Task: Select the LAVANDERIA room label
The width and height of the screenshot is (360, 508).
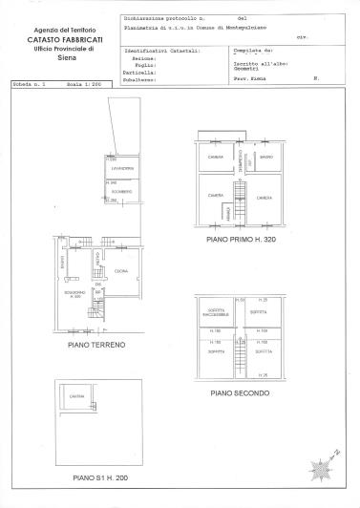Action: pyautogui.click(x=121, y=169)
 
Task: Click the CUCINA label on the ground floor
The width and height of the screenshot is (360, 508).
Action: pyautogui.click(x=120, y=273)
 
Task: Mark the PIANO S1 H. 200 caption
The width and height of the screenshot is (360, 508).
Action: pyautogui.click(x=97, y=476)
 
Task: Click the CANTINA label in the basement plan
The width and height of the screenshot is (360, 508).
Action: pyautogui.click(x=75, y=397)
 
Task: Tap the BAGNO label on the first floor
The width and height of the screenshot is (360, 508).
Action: pyautogui.click(x=266, y=158)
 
